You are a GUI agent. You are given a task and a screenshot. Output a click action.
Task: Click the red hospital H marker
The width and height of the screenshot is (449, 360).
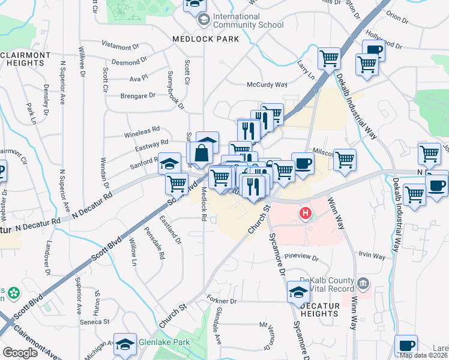point(306,213)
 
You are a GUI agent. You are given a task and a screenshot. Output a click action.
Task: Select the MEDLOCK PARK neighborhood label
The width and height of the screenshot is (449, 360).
point(205,39)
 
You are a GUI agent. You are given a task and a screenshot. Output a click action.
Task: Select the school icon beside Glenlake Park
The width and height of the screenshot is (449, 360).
point(125,344)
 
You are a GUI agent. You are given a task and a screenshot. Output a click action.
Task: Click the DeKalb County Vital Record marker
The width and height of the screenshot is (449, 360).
point(363,283)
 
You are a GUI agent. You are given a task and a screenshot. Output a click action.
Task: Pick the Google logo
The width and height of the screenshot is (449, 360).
point(20,353)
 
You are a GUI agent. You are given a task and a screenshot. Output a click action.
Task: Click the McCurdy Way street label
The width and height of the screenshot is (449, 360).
point(267,85)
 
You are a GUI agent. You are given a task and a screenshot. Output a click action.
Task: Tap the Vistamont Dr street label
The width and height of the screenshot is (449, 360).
point(120,46)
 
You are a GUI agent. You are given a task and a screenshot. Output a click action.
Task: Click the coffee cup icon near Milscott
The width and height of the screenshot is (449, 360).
point(303,163)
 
